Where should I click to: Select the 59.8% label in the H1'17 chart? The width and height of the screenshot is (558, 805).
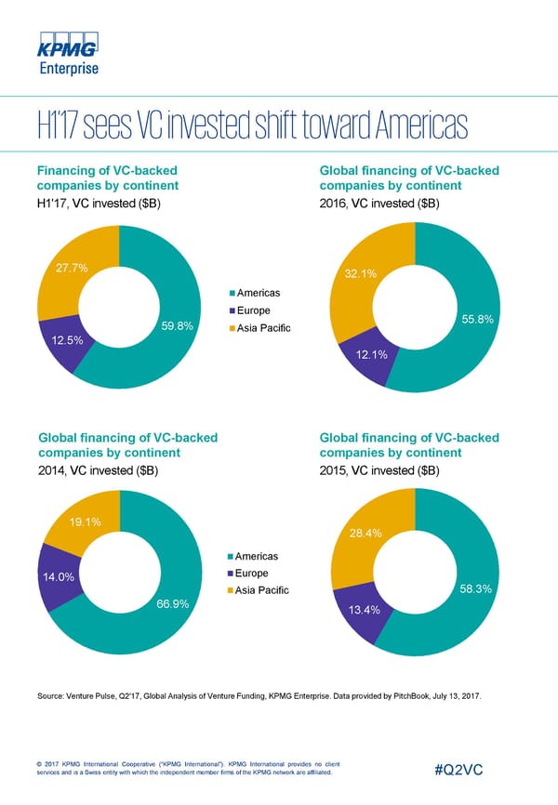(177, 326)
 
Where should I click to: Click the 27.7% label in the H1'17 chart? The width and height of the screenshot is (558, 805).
(71, 268)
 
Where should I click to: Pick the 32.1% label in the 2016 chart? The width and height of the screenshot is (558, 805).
(359, 274)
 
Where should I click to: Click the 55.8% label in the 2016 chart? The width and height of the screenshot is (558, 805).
(482, 321)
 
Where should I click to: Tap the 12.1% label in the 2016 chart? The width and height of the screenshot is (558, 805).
(383, 354)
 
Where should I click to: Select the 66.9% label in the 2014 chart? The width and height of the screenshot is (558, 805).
(174, 605)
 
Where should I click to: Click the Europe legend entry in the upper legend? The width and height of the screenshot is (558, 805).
(254, 310)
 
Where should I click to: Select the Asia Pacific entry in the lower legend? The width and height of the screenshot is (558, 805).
(263, 590)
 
